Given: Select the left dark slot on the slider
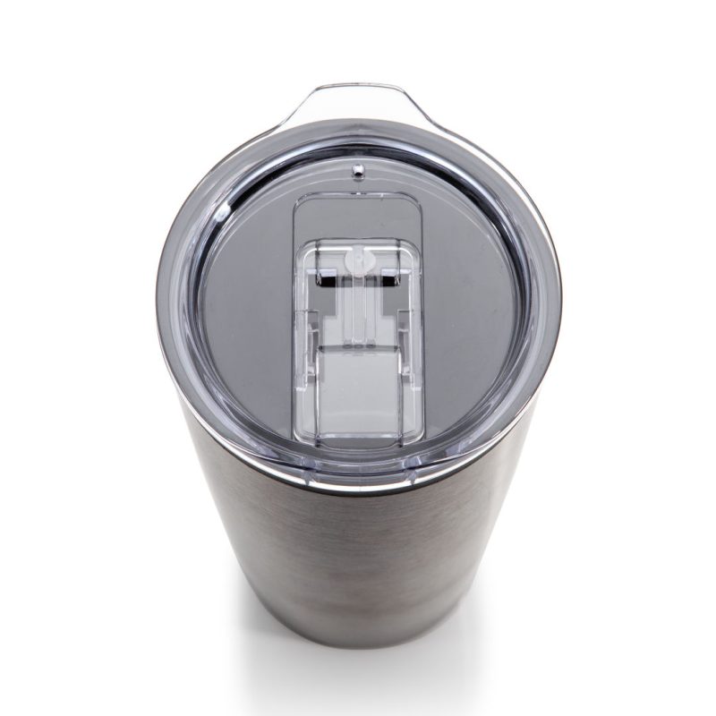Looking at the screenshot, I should [x=328, y=281].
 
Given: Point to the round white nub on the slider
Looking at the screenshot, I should [x=357, y=262].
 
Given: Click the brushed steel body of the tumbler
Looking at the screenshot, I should [x=358, y=555].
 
